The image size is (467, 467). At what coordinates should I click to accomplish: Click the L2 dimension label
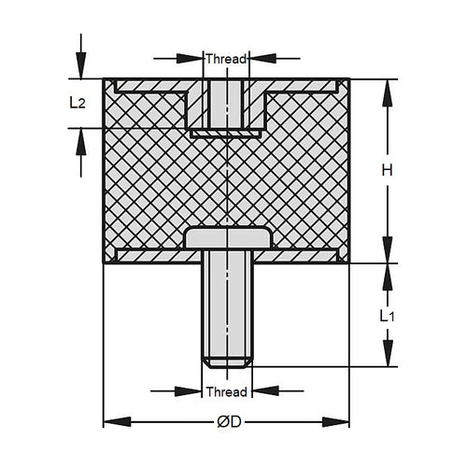[78, 104]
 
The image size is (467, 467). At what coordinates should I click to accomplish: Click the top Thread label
[226, 58]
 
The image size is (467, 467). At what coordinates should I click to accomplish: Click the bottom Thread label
[226, 391]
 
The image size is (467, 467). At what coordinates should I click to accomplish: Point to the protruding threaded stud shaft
[226, 308]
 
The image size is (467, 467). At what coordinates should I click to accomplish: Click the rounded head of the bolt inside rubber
[228, 238]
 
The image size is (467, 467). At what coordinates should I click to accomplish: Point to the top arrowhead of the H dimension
[386, 86]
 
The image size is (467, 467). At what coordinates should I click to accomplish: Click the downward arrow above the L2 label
[80, 67]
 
